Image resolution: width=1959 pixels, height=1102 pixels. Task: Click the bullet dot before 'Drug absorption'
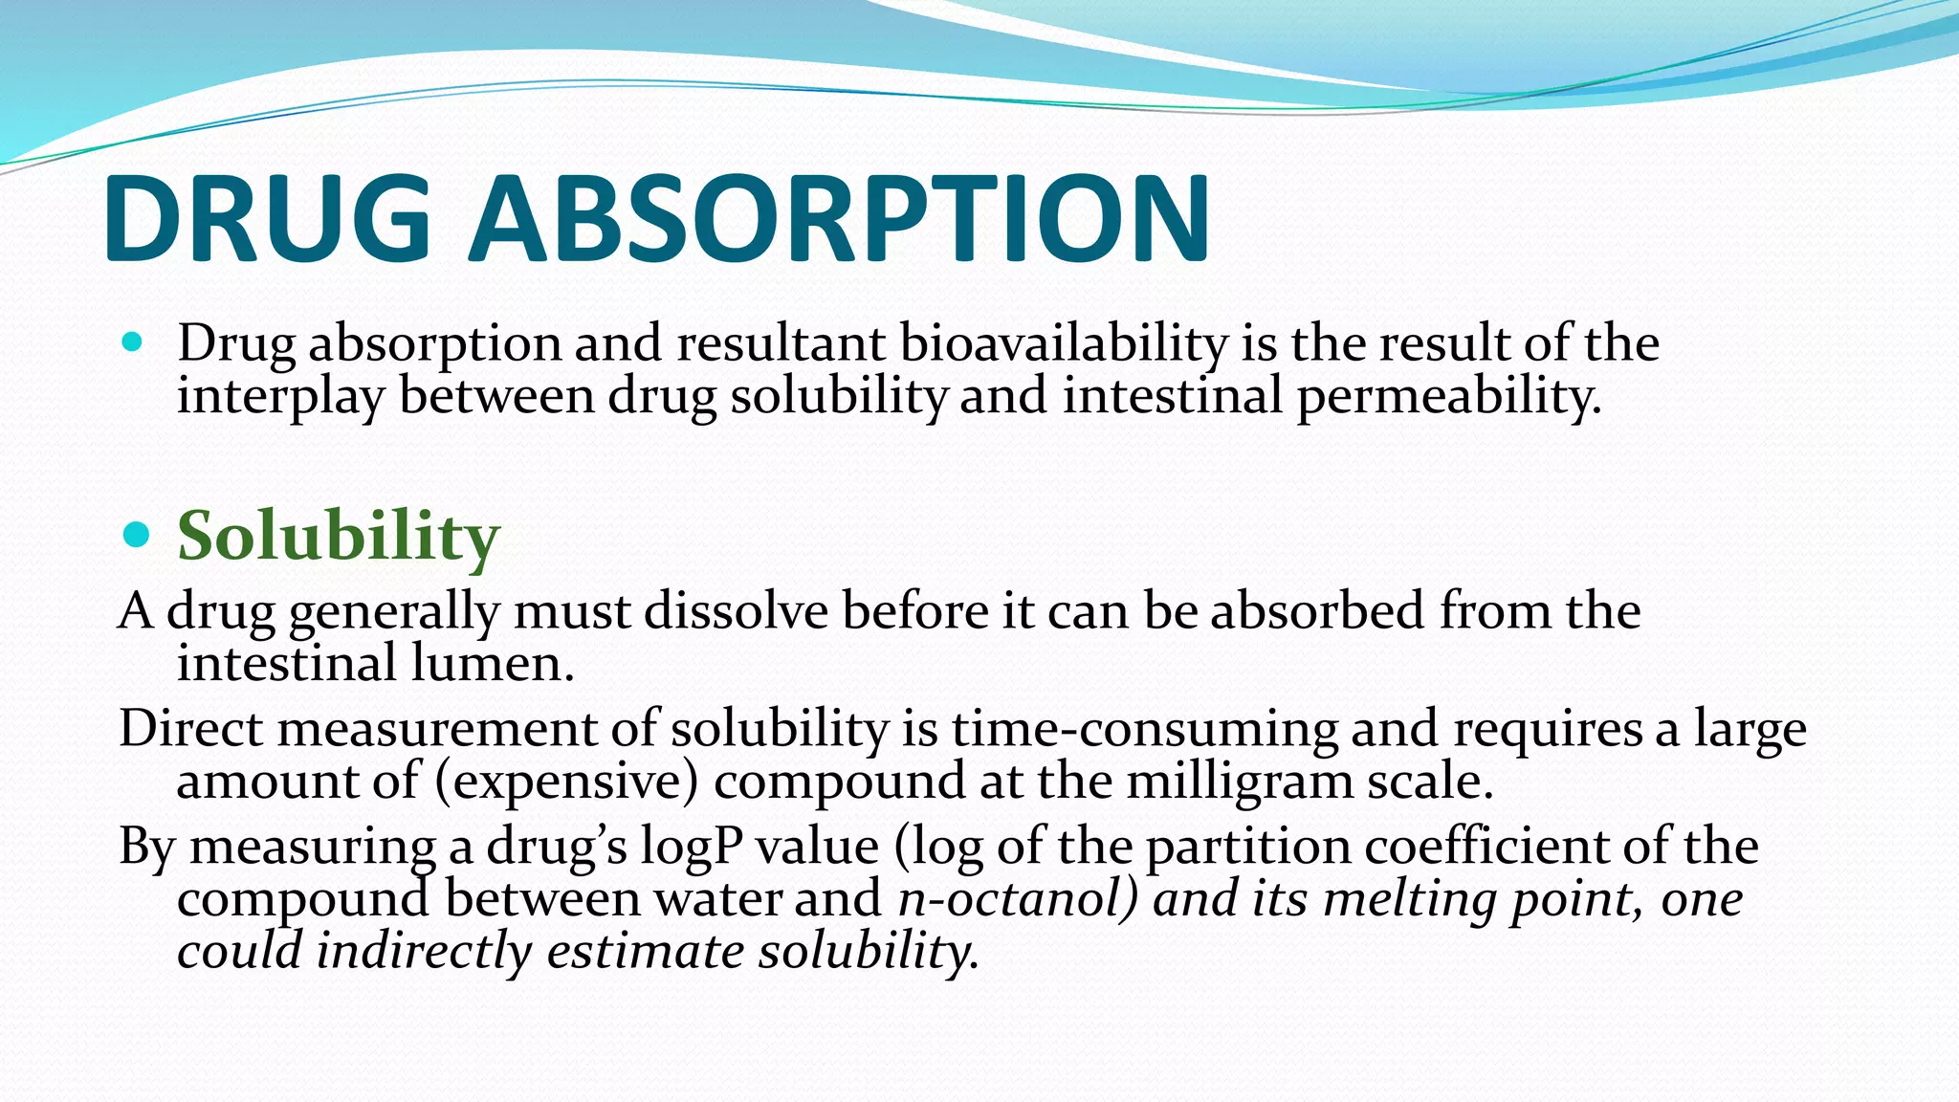coord(133,342)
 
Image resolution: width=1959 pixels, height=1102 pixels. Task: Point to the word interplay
coord(280,396)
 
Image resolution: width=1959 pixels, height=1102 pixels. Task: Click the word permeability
coord(1448,396)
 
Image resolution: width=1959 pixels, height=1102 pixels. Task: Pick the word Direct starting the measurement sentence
coord(190,729)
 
